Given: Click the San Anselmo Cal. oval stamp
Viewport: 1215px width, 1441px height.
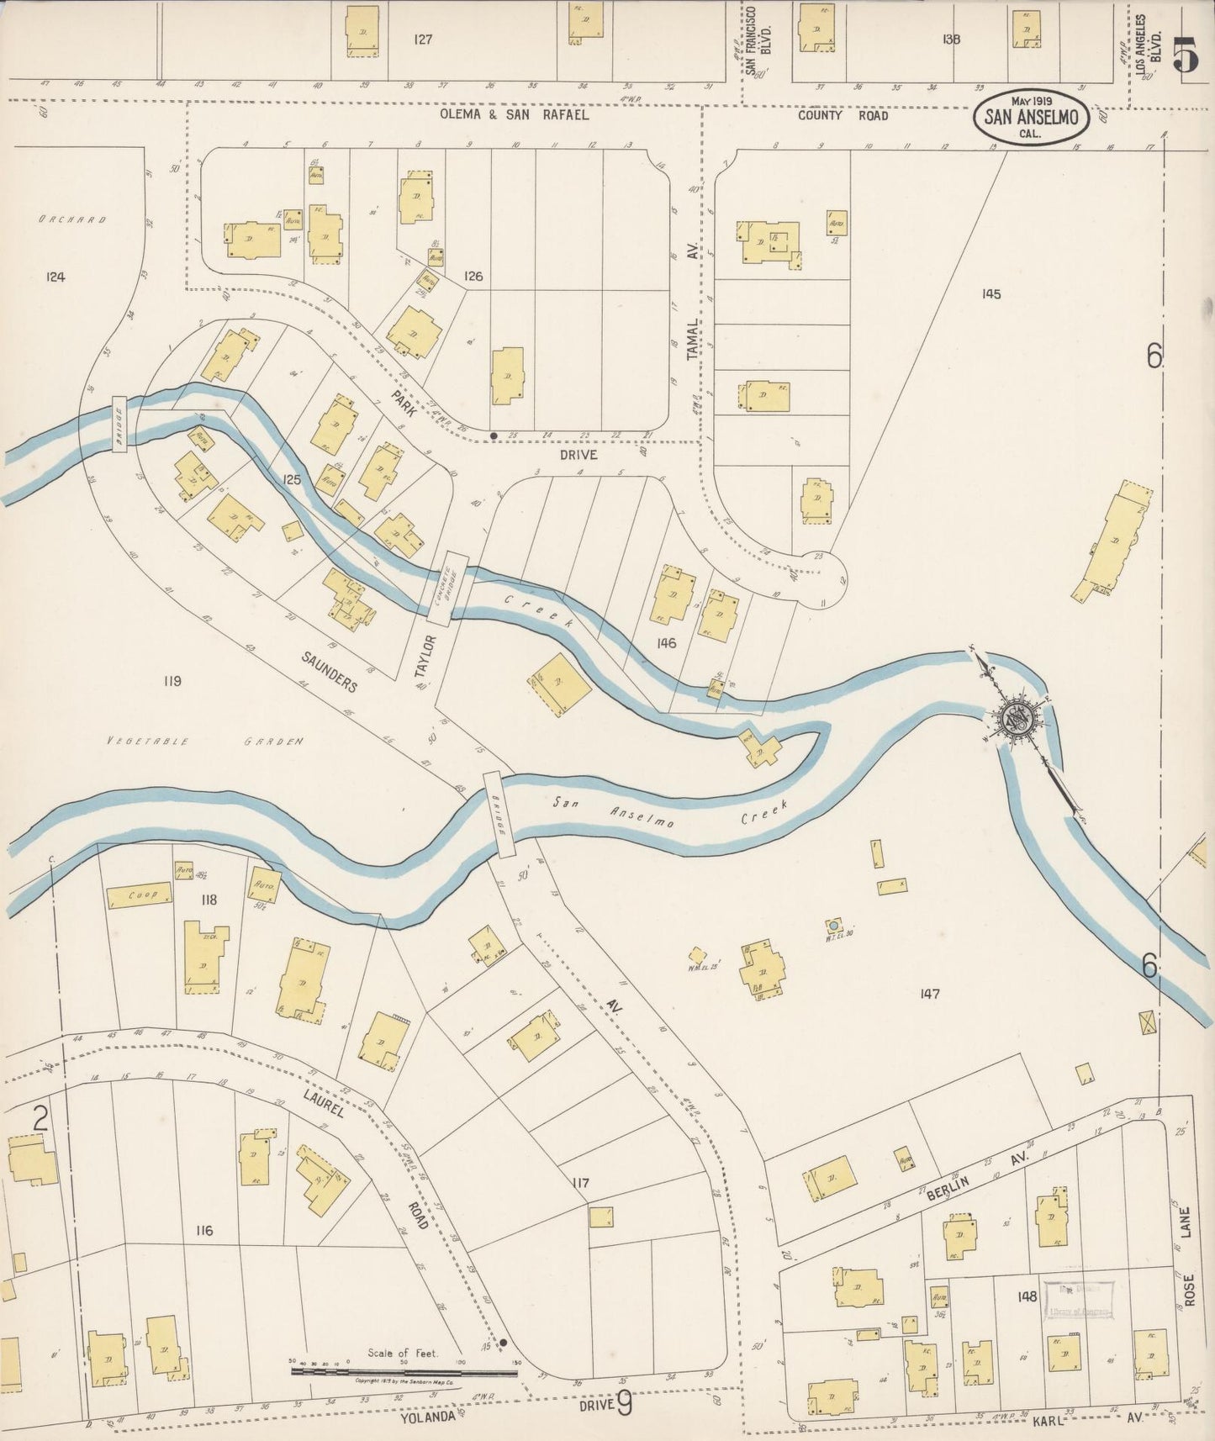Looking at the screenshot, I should pos(1032,119).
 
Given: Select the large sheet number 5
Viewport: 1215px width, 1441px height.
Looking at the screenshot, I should pos(1186,56).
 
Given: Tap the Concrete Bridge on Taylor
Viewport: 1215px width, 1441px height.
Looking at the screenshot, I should pos(447,588).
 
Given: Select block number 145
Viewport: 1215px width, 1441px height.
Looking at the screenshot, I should pos(990,293).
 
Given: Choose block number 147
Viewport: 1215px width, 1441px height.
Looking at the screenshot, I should pos(929,994).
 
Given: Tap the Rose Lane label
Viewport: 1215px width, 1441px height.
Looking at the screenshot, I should pos(1186,1256).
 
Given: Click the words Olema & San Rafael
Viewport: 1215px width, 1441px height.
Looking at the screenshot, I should pos(514,115).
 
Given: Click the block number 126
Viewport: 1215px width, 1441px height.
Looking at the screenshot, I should pos(473,276).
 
